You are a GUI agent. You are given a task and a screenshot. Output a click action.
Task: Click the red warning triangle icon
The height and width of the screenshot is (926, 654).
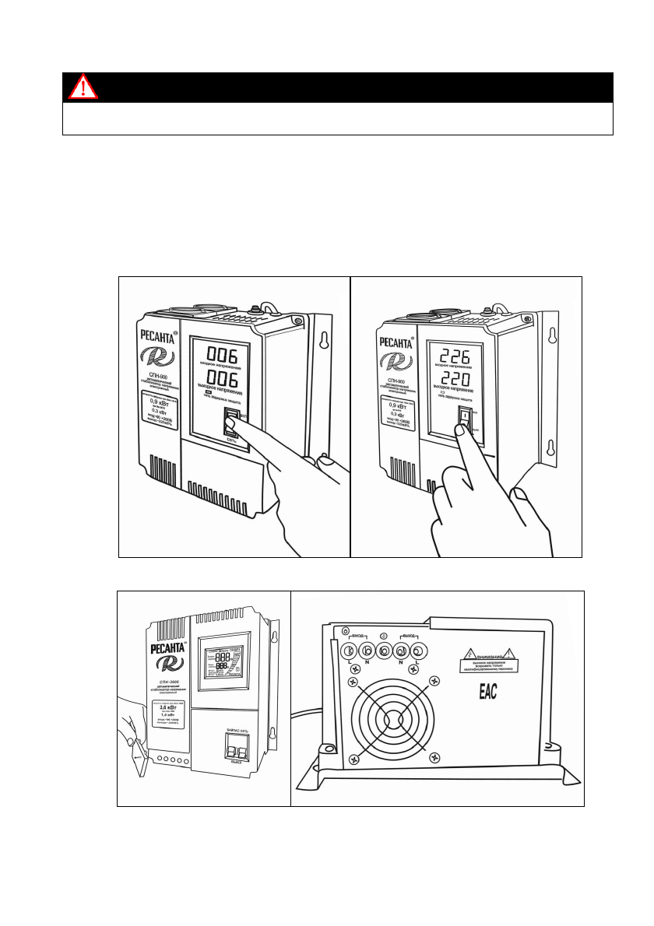[83, 87]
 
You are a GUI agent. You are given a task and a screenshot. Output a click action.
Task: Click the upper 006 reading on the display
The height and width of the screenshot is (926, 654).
[221, 353]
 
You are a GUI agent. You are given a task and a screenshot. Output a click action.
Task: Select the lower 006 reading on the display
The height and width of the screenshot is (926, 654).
[221, 384]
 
